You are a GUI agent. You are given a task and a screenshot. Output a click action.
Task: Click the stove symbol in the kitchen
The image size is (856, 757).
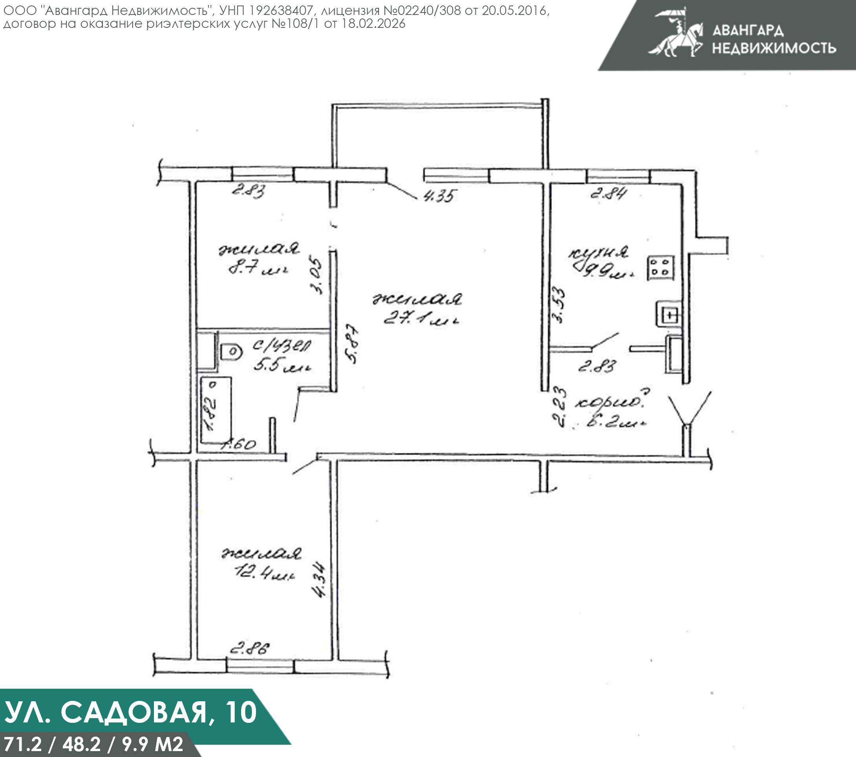pos(661,267)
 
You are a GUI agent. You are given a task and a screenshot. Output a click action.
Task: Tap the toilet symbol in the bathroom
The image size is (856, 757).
pos(231,352)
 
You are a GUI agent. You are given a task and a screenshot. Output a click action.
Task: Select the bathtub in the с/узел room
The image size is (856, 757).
pos(216,410)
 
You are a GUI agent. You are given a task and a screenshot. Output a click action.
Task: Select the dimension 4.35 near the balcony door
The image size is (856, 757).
pos(438,196)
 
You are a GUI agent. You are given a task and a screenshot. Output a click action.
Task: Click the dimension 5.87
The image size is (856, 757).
pos(353,343)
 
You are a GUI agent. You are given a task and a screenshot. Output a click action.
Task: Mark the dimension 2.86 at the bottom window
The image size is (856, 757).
pos(250,649)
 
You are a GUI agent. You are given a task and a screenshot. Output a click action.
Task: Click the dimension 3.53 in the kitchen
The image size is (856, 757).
pos(559,304)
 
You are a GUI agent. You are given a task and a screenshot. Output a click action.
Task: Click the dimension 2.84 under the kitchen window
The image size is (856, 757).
pos(608,194)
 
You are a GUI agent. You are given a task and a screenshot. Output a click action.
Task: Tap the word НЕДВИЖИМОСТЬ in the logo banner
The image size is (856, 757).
pos(774,48)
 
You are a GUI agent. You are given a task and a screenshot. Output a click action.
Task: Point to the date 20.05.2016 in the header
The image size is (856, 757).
pos(514,11)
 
